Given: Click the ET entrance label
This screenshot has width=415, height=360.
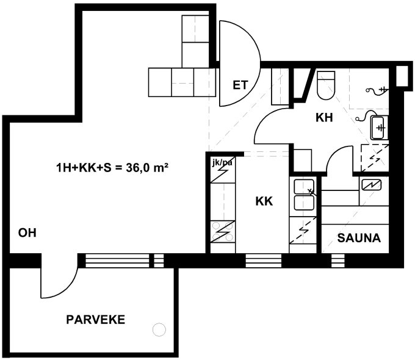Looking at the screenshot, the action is pyautogui.click(x=240, y=85).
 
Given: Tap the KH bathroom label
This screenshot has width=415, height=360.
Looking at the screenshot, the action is pyautogui.click(x=324, y=118).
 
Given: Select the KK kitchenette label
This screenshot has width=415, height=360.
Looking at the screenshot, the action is pyautogui.click(x=264, y=201).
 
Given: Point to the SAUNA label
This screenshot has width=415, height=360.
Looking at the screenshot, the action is pyautogui.click(x=359, y=238).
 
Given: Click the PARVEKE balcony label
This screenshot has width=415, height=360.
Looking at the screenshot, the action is pyautogui.click(x=96, y=320).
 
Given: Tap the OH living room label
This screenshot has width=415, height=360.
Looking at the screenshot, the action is pyautogui.click(x=27, y=233).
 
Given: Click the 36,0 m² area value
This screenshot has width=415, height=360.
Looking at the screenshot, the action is pyautogui.click(x=148, y=168).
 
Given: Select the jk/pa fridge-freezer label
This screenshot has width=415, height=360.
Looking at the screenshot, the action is pyautogui.click(x=222, y=162).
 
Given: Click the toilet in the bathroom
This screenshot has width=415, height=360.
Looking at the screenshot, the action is pyautogui.click(x=326, y=85).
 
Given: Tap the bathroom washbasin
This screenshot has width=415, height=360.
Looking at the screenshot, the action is pyautogui.click(x=379, y=128).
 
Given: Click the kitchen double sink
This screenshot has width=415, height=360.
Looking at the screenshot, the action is pyautogui.click(x=304, y=195).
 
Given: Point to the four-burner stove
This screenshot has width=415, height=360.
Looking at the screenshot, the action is pyautogui.click(x=223, y=231).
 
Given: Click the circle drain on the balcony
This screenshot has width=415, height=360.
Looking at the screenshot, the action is pyautogui.click(x=159, y=330).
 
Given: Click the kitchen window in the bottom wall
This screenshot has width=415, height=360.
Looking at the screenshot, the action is pyautogui.click(x=264, y=261).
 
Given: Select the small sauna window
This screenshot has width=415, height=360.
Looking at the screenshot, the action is pyautogui.click(x=338, y=261).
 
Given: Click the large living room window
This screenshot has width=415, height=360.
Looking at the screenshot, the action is pyautogui.click(x=117, y=261).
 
